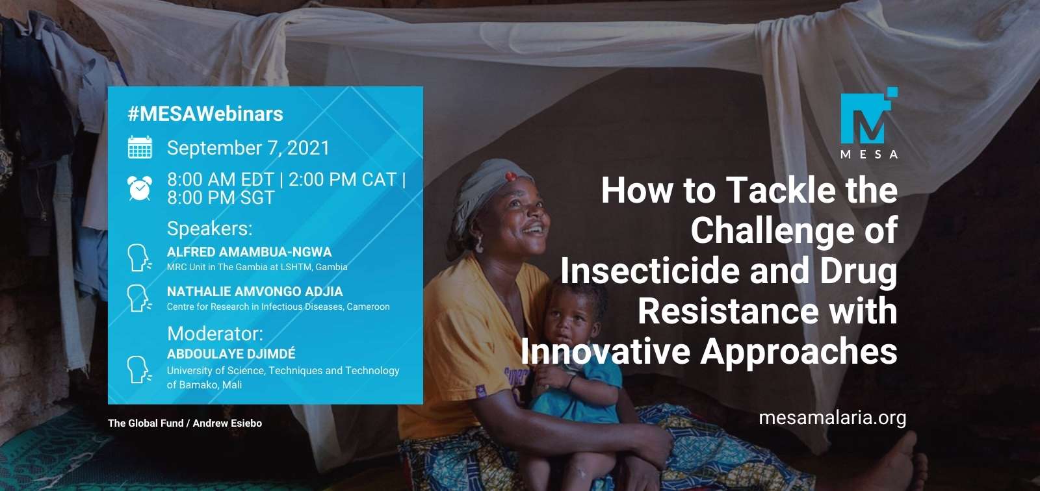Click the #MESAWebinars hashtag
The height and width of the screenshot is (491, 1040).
click(x=205, y=114)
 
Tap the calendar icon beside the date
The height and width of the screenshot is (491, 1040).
click(x=140, y=148)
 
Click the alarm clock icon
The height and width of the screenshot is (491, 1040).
click(x=140, y=188)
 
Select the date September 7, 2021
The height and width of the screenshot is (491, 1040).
click(x=248, y=148)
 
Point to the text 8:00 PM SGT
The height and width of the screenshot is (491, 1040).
click(x=221, y=198)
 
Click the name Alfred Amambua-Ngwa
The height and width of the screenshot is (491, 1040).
click(x=249, y=252)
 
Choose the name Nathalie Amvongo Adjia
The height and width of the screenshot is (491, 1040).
click(x=255, y=292)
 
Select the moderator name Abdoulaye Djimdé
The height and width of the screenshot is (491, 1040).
click(x=231, y=354)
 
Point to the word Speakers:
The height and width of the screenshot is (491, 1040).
click(x=209, y=229)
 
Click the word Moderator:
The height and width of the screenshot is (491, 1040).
click(x=215, y=334)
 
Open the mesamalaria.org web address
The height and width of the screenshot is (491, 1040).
click(x=832, y=417)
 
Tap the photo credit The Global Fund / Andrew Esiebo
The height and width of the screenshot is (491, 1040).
click(x=185, y=423)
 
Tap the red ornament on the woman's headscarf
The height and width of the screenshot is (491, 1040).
click(x=512, y=176)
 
